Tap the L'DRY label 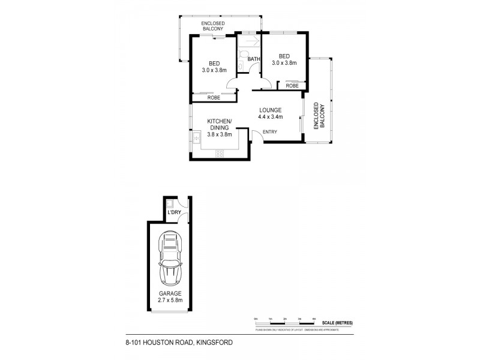(174, 212)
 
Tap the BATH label (254, 59)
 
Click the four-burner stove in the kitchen (220, 154)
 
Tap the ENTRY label (270, 132)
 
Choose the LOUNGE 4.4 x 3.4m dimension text (271, 114)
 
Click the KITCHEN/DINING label (219, 128)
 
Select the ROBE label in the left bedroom (213, 98)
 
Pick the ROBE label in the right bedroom (292, 86)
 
